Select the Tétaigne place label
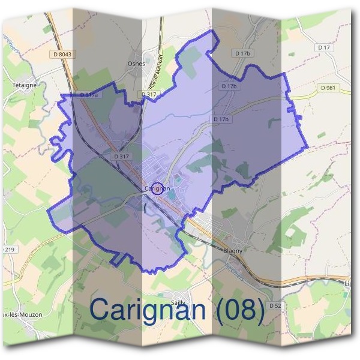[25, 85]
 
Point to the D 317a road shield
[89, 95]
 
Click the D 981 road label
[328, 88]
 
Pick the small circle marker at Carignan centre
[157, 188]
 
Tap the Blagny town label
[232, 251]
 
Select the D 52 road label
[275, 305]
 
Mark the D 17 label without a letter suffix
[325, 47]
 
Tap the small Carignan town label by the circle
[157, 189]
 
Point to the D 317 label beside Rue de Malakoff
[149, 94]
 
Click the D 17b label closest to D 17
[242, 53]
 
